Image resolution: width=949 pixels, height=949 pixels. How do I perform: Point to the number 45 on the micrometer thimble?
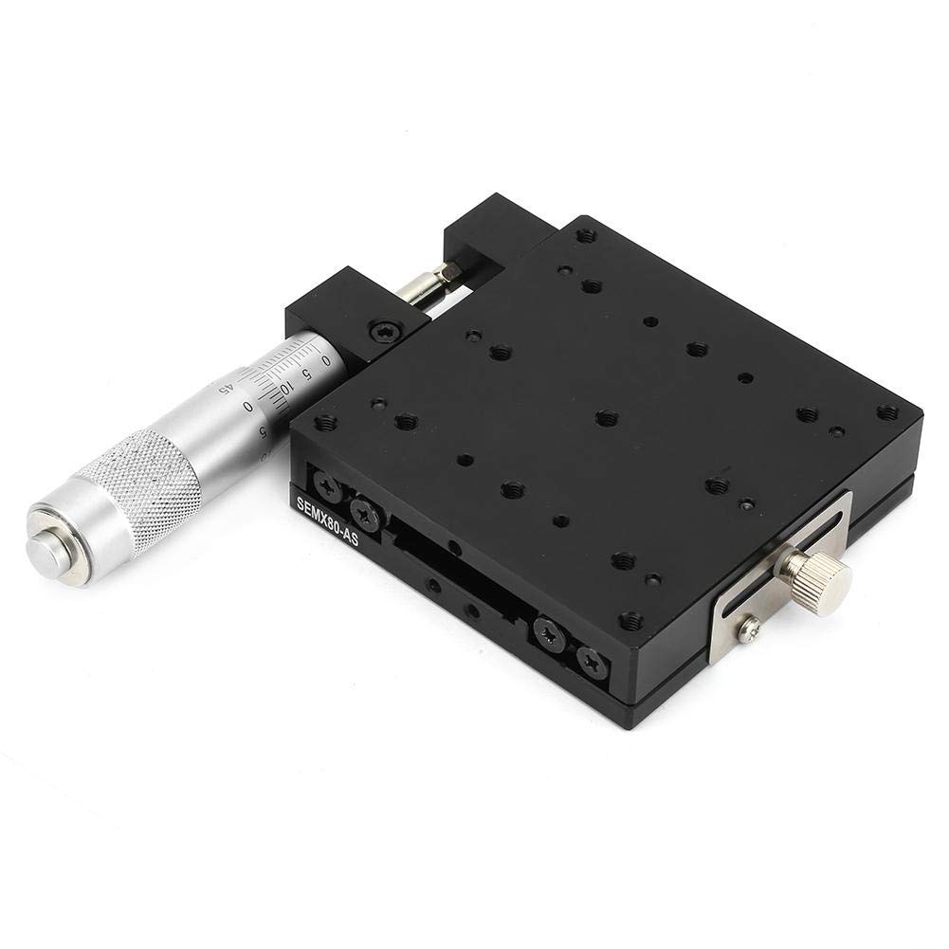tap(225, 387)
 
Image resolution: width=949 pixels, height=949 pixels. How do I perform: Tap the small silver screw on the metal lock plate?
tap(749, 627)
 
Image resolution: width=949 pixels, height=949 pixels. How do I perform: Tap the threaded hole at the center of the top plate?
tap(607, 417)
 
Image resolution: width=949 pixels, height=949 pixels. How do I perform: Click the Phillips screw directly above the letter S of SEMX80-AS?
tap(328, 489)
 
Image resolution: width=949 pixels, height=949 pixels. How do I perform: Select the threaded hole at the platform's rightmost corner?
tap(887, 412)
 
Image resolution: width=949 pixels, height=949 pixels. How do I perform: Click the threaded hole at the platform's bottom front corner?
tap(630, 621)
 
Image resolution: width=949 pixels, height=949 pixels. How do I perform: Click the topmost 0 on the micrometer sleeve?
tap(325, 360)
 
